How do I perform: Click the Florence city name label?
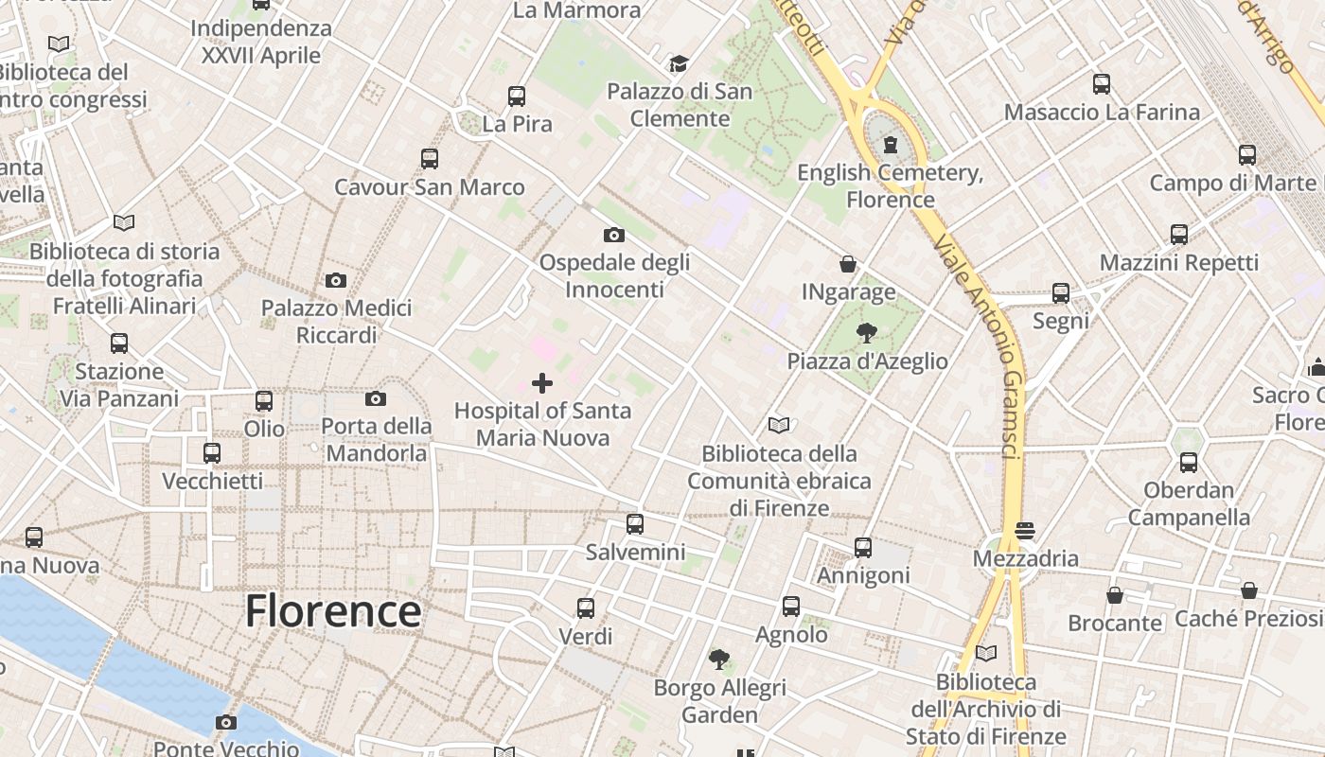tap(333, 611)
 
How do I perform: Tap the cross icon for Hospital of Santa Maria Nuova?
tap(542, 383)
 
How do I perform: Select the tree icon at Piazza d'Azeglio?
tap(866, 332)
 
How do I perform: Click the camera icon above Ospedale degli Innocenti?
tap(614, 235)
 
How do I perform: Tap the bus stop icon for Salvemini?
tap(635, 523)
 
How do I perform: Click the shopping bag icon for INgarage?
tap(848, 264)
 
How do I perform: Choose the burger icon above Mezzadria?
tap(1025, 531)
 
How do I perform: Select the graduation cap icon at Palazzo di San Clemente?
tap(679, 63)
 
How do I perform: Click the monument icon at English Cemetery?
tap(890, 145)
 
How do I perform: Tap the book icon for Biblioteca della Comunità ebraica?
tap(779, 425)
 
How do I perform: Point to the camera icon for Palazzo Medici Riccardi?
tap(336, 280)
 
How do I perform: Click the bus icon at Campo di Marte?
tap(1247, 154)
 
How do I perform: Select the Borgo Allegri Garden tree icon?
tap(719, 659)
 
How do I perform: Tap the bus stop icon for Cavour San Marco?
tap(430, 158)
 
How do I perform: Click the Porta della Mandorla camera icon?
tap(376, 398)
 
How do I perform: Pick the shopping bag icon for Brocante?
tap(1115, 595)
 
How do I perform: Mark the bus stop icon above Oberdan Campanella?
tap(1189, 462)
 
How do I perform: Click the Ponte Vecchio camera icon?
tap(225, 723)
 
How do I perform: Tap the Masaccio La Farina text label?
tap(1102, 113)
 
